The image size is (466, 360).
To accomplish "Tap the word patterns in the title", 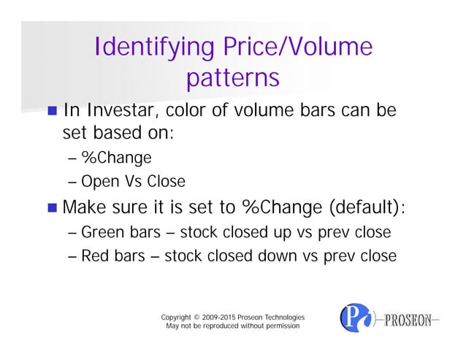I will (233, 77).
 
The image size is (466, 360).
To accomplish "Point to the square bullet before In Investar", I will (52, 112).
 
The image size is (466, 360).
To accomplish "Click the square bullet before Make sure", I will (52, 207).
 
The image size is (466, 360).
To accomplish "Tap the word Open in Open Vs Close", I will (99, 181).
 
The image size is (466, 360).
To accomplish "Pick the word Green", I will (102, 233).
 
